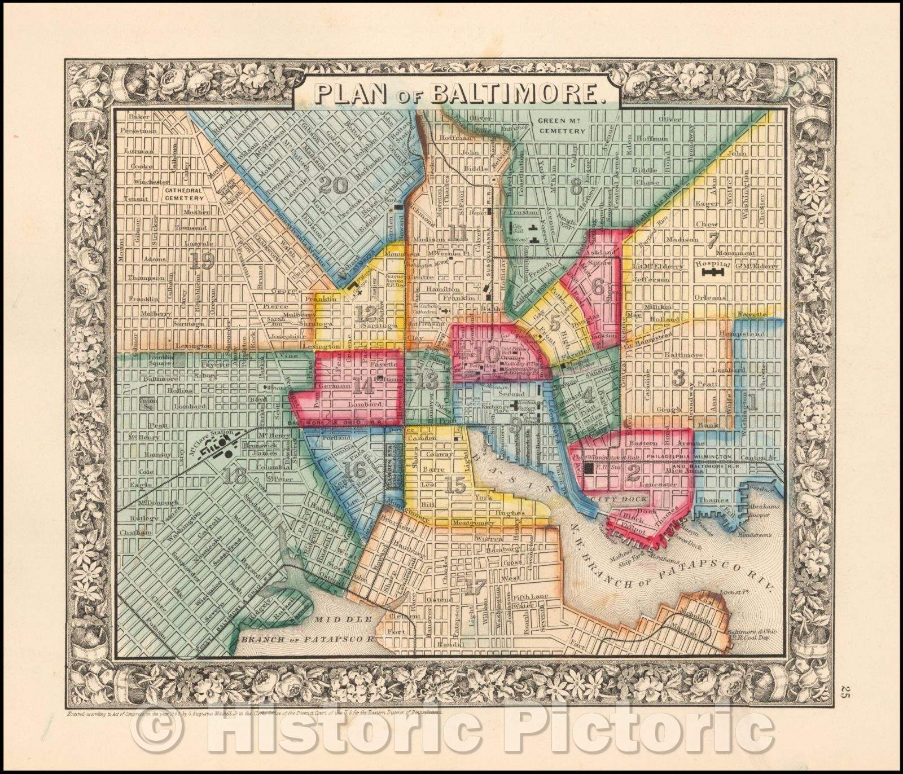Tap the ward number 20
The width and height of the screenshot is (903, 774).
point(333,184)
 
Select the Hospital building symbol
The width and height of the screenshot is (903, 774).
point(713,274)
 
